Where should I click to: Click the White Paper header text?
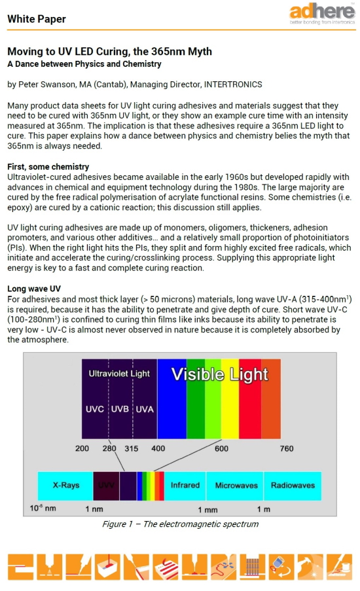(x=37, y=19)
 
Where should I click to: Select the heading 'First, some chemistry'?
(x=48, y=167)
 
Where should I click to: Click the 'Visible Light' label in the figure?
(x=219, y=374)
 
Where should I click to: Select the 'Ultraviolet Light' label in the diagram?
(x=119, y=374)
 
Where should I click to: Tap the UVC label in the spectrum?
(x=95, y=409)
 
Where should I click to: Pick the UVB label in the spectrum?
(x=120, y=409)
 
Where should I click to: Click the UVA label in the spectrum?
(x=144, y=409)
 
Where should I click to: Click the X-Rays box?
(x=66, y=486)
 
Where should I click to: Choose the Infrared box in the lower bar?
(x=185, y=486)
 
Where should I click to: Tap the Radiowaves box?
(x=293, y=486)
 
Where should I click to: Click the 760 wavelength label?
(x=287, y=448)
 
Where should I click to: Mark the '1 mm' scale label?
(x=207, y=509)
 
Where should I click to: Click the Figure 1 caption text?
(x=180, y=524)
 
